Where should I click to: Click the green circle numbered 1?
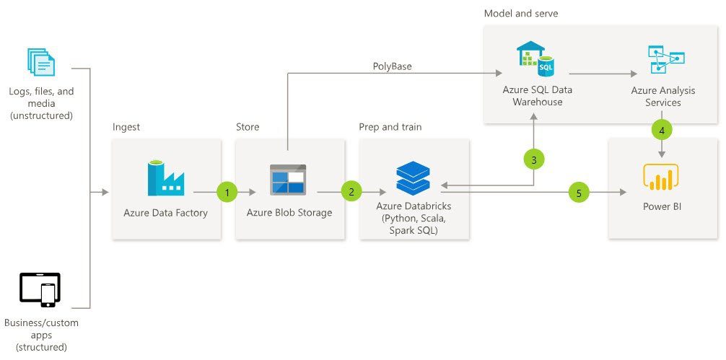point(227,192)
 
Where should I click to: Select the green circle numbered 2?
point(351,192)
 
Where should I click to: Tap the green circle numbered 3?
point(533,160)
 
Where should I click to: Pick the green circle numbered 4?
point(662,131)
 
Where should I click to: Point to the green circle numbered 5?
point(578,192)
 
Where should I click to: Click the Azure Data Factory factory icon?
point(166,178)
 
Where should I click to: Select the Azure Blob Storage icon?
point(288,180)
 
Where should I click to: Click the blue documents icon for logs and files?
point(41,62)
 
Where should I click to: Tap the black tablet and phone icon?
point(40,290)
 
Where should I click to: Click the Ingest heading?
point(126,127)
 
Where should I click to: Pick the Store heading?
point(248,127)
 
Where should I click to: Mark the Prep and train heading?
point(390,127)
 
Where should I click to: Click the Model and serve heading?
point(520,13)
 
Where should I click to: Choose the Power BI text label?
point(662,207)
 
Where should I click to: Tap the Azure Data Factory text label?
point(166,213)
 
